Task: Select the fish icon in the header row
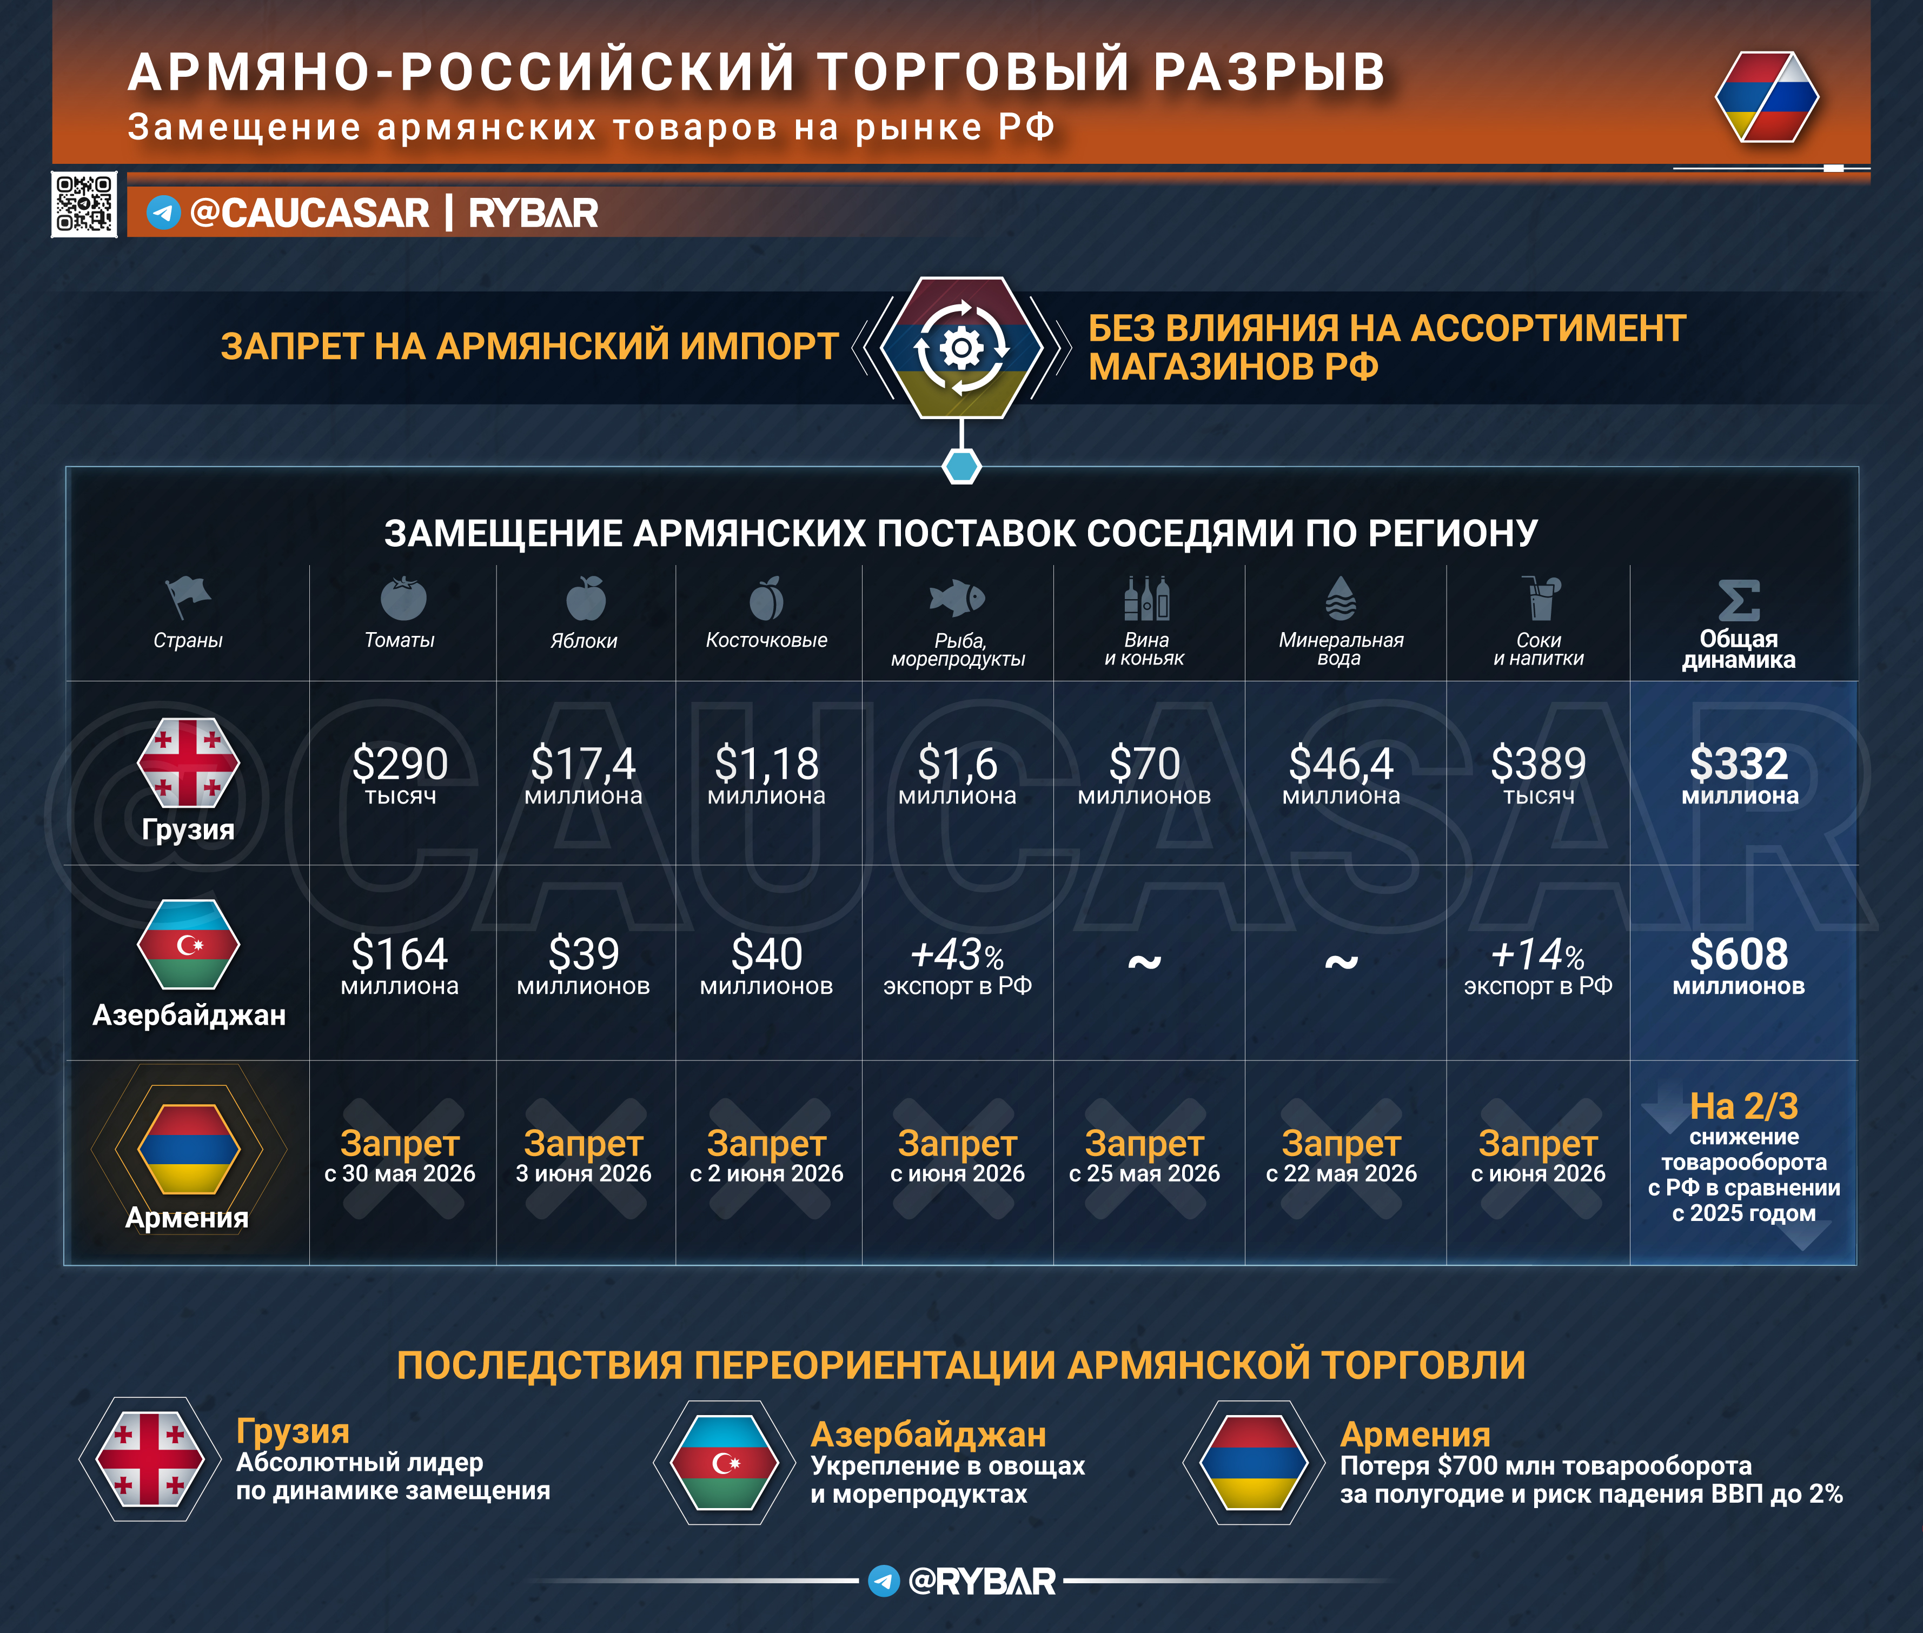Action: coord(957,598)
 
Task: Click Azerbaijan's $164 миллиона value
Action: coord(400,965)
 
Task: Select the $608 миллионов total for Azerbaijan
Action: coord(1739,965)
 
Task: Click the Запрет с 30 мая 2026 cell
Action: coord(400,1156)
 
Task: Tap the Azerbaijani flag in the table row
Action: coord(188,944)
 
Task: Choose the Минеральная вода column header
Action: coord(1341,648)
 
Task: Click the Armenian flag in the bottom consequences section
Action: coord(1254,1463)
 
